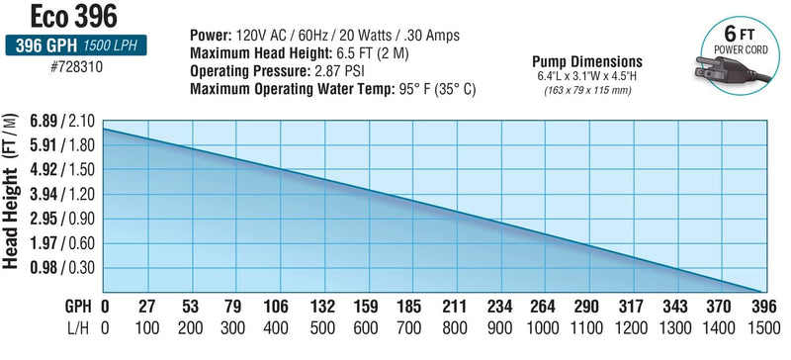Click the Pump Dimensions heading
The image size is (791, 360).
(x=586, y=60)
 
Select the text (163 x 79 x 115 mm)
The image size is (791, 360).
(x=586, y=90)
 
